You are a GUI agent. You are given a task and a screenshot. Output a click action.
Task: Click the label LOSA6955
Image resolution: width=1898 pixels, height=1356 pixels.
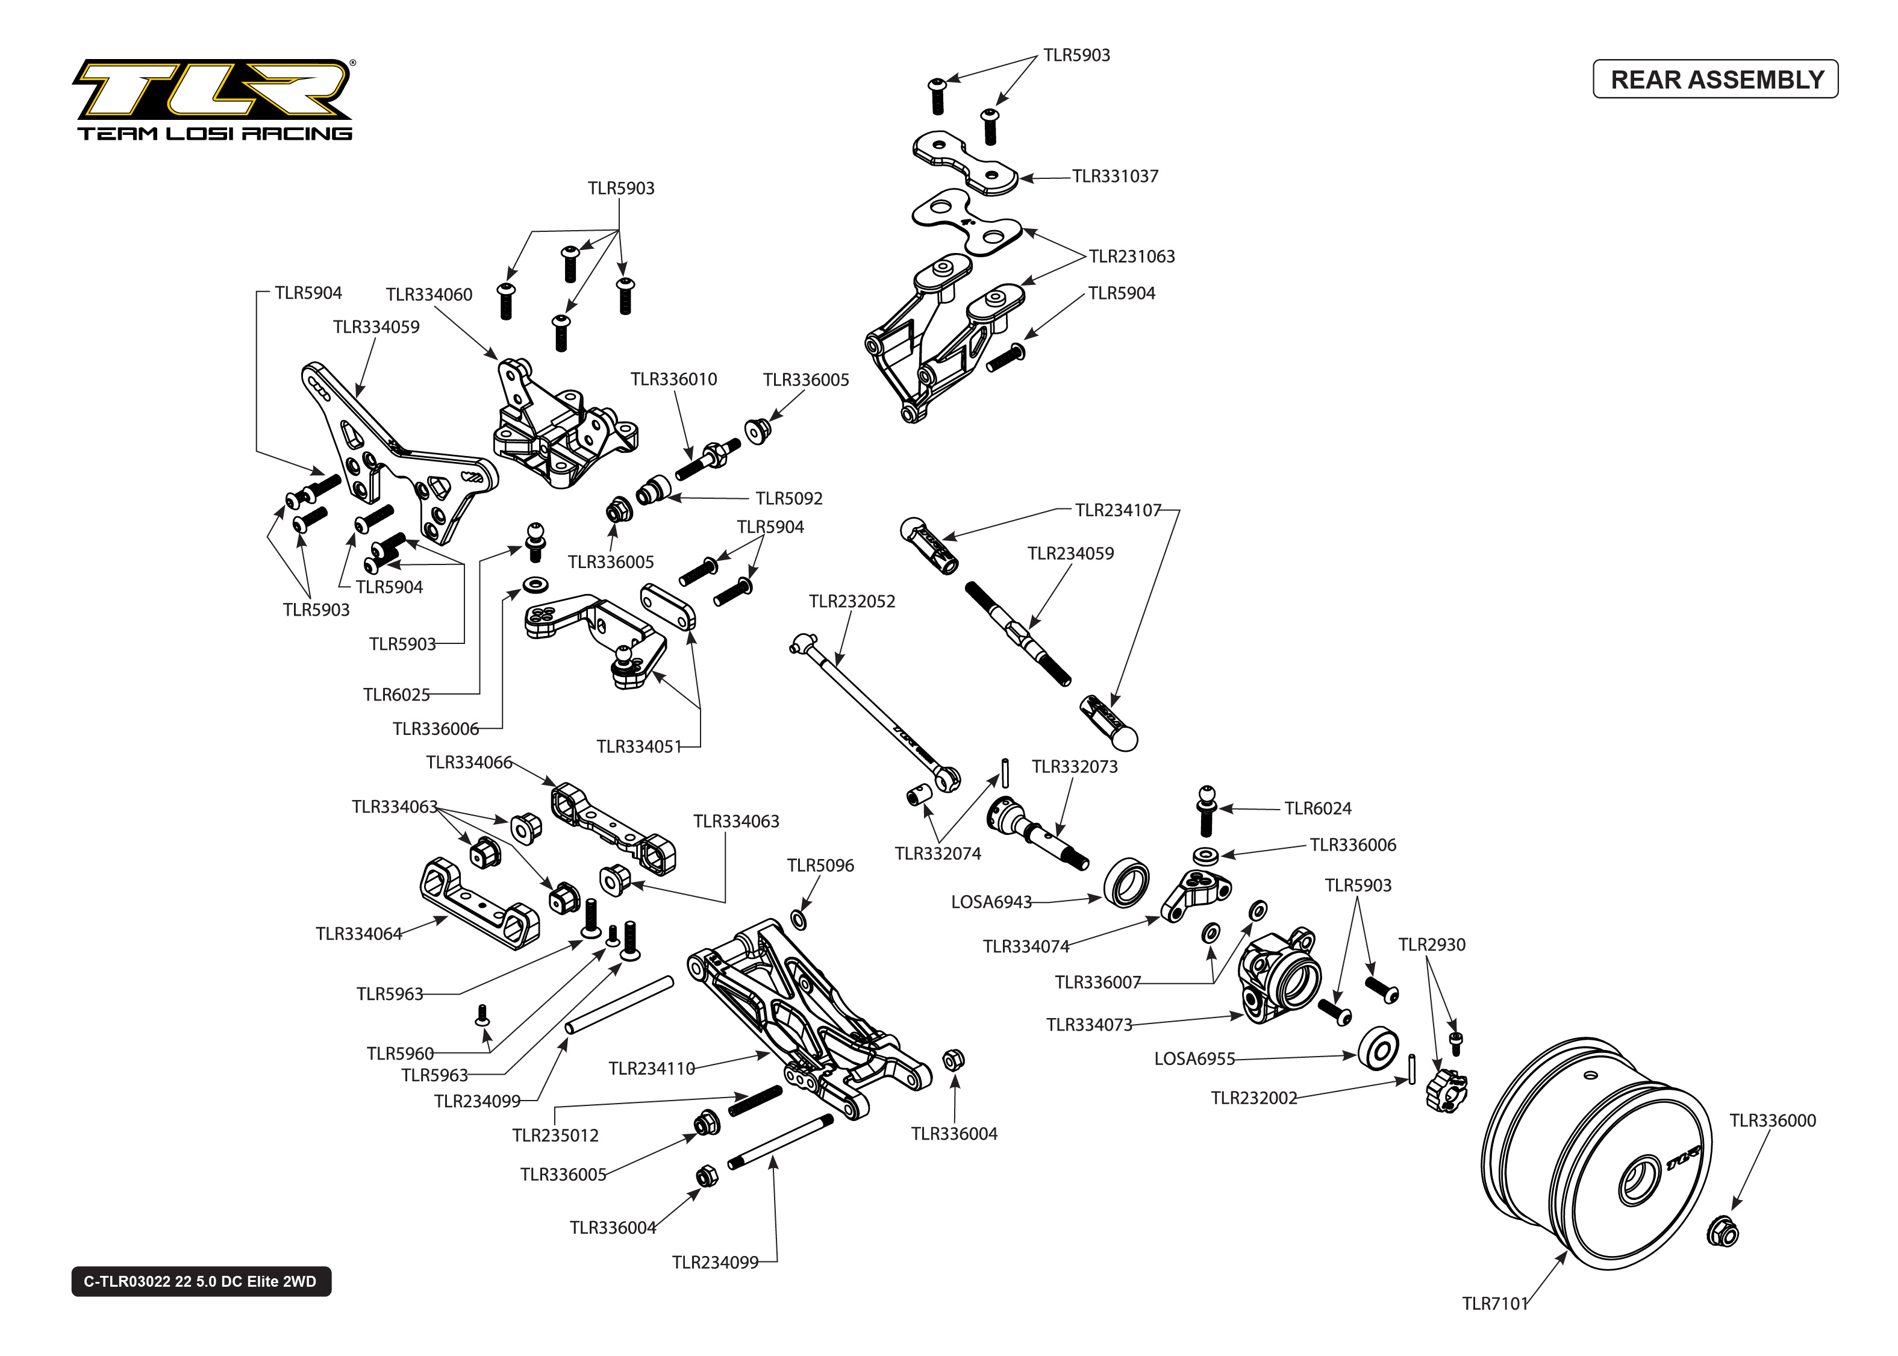coord(1193,1059)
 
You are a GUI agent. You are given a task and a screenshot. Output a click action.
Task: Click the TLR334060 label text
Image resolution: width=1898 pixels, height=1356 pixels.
coord(429,295)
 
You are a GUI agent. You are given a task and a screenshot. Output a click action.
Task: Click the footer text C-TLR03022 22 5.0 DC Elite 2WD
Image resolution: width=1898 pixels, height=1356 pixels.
coord(201,1282)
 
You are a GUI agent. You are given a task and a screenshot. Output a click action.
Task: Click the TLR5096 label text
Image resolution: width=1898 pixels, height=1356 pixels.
coord(820,866)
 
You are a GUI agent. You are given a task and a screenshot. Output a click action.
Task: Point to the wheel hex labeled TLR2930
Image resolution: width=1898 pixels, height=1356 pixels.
coord(1446,1090)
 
